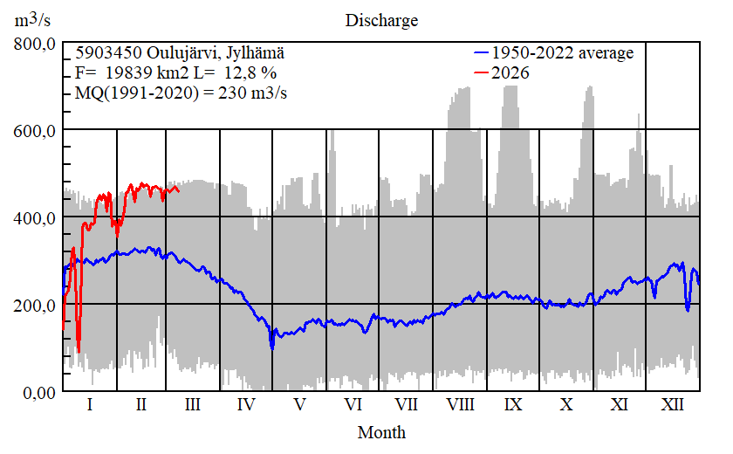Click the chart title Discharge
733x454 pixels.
pos(381,20)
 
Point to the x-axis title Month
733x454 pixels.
pos(381,432)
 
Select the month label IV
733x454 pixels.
pos(246,406)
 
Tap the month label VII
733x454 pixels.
pos(406,406)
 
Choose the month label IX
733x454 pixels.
pos(513,406)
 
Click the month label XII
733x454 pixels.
pos(672,406)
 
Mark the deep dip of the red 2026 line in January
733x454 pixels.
pos(79,349)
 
